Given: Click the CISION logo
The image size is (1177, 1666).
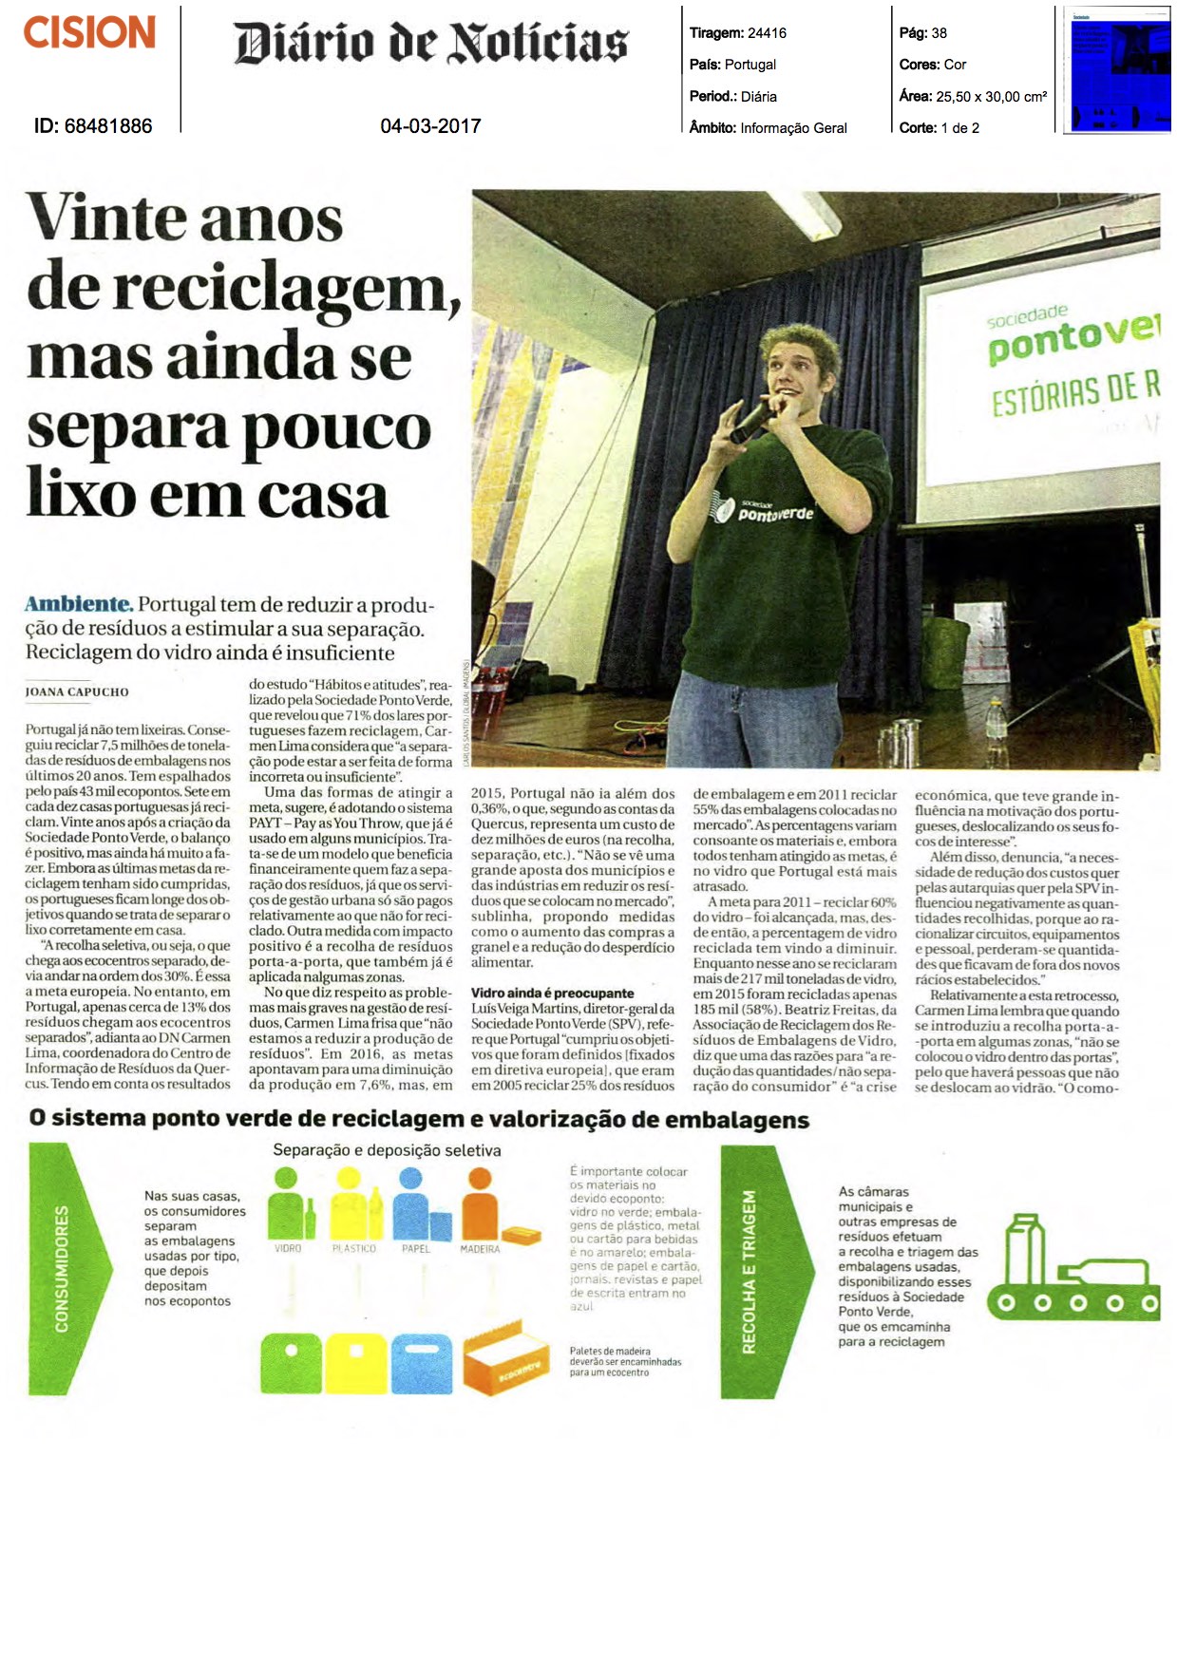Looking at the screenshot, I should tap(89, 33).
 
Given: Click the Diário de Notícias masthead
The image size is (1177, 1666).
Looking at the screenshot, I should tap(431, 43).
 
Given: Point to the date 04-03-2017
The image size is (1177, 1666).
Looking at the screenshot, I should tap(430, 125).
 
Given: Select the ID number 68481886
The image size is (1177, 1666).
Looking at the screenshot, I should tap(107, 125).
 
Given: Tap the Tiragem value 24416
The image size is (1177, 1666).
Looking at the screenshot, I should tap(767, 33).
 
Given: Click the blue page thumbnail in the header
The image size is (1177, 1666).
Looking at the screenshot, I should tap(1116, 68).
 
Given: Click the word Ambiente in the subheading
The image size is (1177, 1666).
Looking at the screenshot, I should tap(78, 604).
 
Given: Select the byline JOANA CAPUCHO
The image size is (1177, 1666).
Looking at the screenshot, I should tap(77, 691).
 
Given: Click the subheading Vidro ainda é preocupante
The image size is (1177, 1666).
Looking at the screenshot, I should tap(552, 993).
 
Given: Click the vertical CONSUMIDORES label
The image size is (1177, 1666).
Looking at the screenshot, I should tap(61, 1268).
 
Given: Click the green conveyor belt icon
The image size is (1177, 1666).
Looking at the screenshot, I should tap(1073, 1273).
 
